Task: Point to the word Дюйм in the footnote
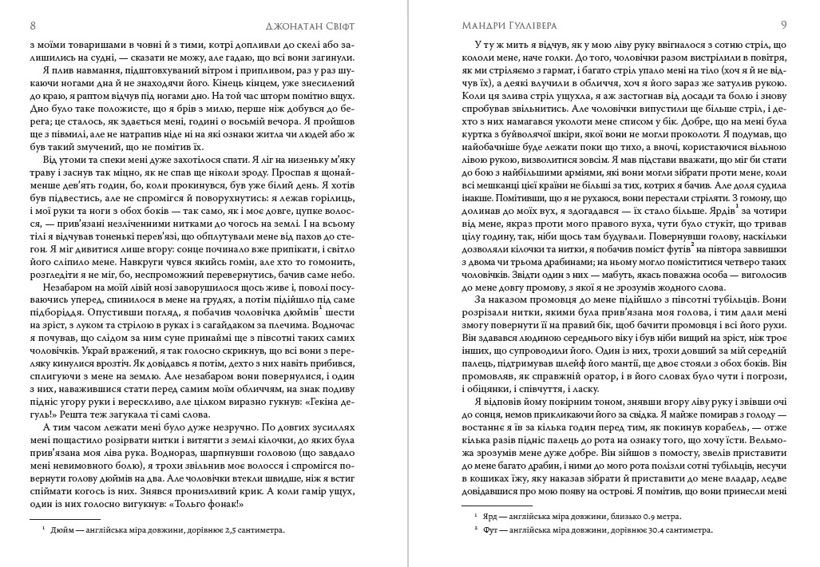tap(64, 529)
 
